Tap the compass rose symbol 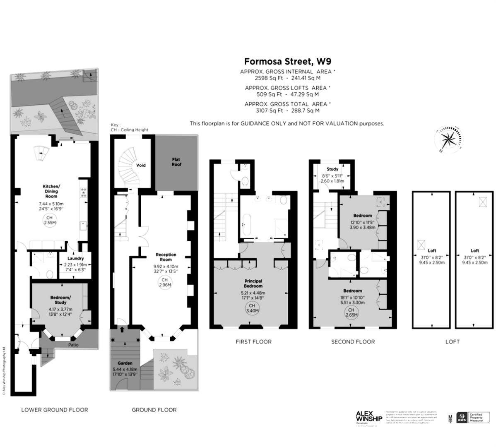(x=447, y=138)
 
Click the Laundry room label (x=75, y=258)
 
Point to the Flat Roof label (x=176, y=162)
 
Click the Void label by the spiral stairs (x=141, y=165)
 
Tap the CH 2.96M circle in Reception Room (x=166, y=282)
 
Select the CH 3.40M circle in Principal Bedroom (x=253, y=308)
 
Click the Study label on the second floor (x=332, y=169)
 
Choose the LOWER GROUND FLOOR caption (x=55, y=410)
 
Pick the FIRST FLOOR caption (x=253, y=341)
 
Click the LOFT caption (x=452, y=341)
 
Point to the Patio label (x=73, y=345)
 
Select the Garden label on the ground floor (x=125, y=363)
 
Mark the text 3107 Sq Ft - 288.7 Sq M (x=287, y=111)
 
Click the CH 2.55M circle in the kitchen (x=49, y=220)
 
